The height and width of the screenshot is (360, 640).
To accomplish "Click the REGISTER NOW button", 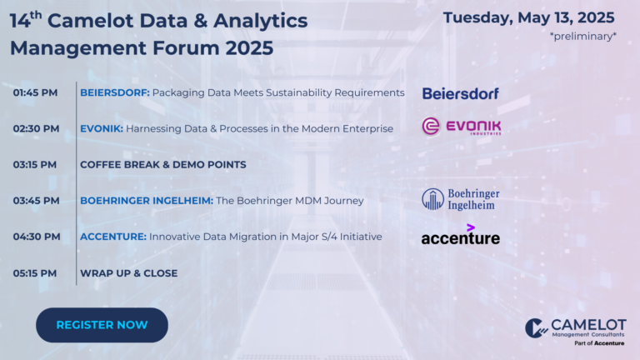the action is [x=102, y=325].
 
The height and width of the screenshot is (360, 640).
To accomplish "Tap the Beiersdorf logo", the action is [x=460, y=93].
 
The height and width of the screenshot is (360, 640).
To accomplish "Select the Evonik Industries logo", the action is [x=461, y=127].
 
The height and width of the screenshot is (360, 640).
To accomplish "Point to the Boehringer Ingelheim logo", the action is [x=460, y=199].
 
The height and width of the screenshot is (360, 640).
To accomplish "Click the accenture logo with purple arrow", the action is [x=460, y=234].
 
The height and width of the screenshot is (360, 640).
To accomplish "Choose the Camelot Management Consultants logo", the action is [x=576, y=332].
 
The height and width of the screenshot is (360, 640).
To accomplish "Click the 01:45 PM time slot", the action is [x=35, y=92].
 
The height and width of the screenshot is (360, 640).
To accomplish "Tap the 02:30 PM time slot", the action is [x=36, y=128].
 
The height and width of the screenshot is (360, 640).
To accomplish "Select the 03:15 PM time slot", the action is [x=35, y=164].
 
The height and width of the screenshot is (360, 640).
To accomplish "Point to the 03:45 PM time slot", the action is [x=36, y=200].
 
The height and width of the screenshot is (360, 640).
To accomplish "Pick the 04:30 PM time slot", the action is [x=37, y=237].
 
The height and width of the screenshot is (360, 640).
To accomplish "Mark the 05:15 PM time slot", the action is [x=35, y=273].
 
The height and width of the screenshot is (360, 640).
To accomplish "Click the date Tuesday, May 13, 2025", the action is [x=528, y=18].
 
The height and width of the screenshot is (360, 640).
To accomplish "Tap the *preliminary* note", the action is [x=582, y=37].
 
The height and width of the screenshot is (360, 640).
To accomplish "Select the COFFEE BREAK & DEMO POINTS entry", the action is [x=162, y=164].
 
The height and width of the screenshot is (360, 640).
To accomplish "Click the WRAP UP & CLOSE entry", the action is [x=128, y=273].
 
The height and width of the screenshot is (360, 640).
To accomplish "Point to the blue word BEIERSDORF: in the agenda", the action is [x=115, y=92].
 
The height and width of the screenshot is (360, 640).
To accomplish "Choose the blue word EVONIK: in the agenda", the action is [x=101, y=128].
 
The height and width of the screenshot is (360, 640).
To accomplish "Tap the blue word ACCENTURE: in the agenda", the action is [x=113, y=237].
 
